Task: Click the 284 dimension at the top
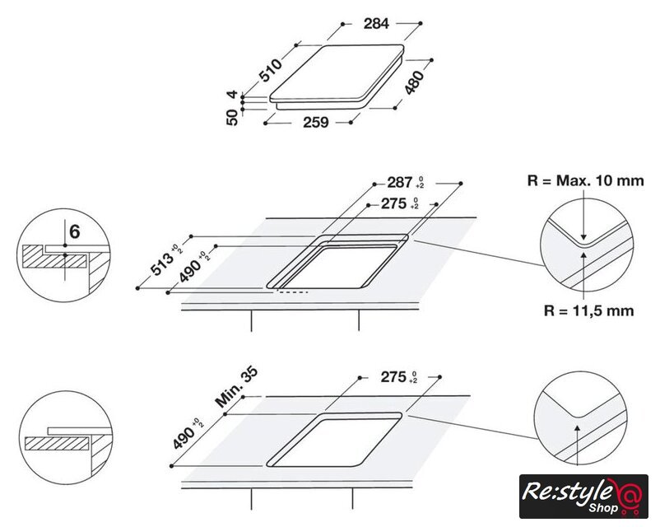[376, 24]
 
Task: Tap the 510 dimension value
[270, 70]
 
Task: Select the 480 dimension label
[414, 82]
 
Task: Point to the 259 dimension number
[316, 122]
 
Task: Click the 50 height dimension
[232, 117]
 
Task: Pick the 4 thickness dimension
[232, 96]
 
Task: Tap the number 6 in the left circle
[74, 231]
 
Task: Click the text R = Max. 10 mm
[585, 180]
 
